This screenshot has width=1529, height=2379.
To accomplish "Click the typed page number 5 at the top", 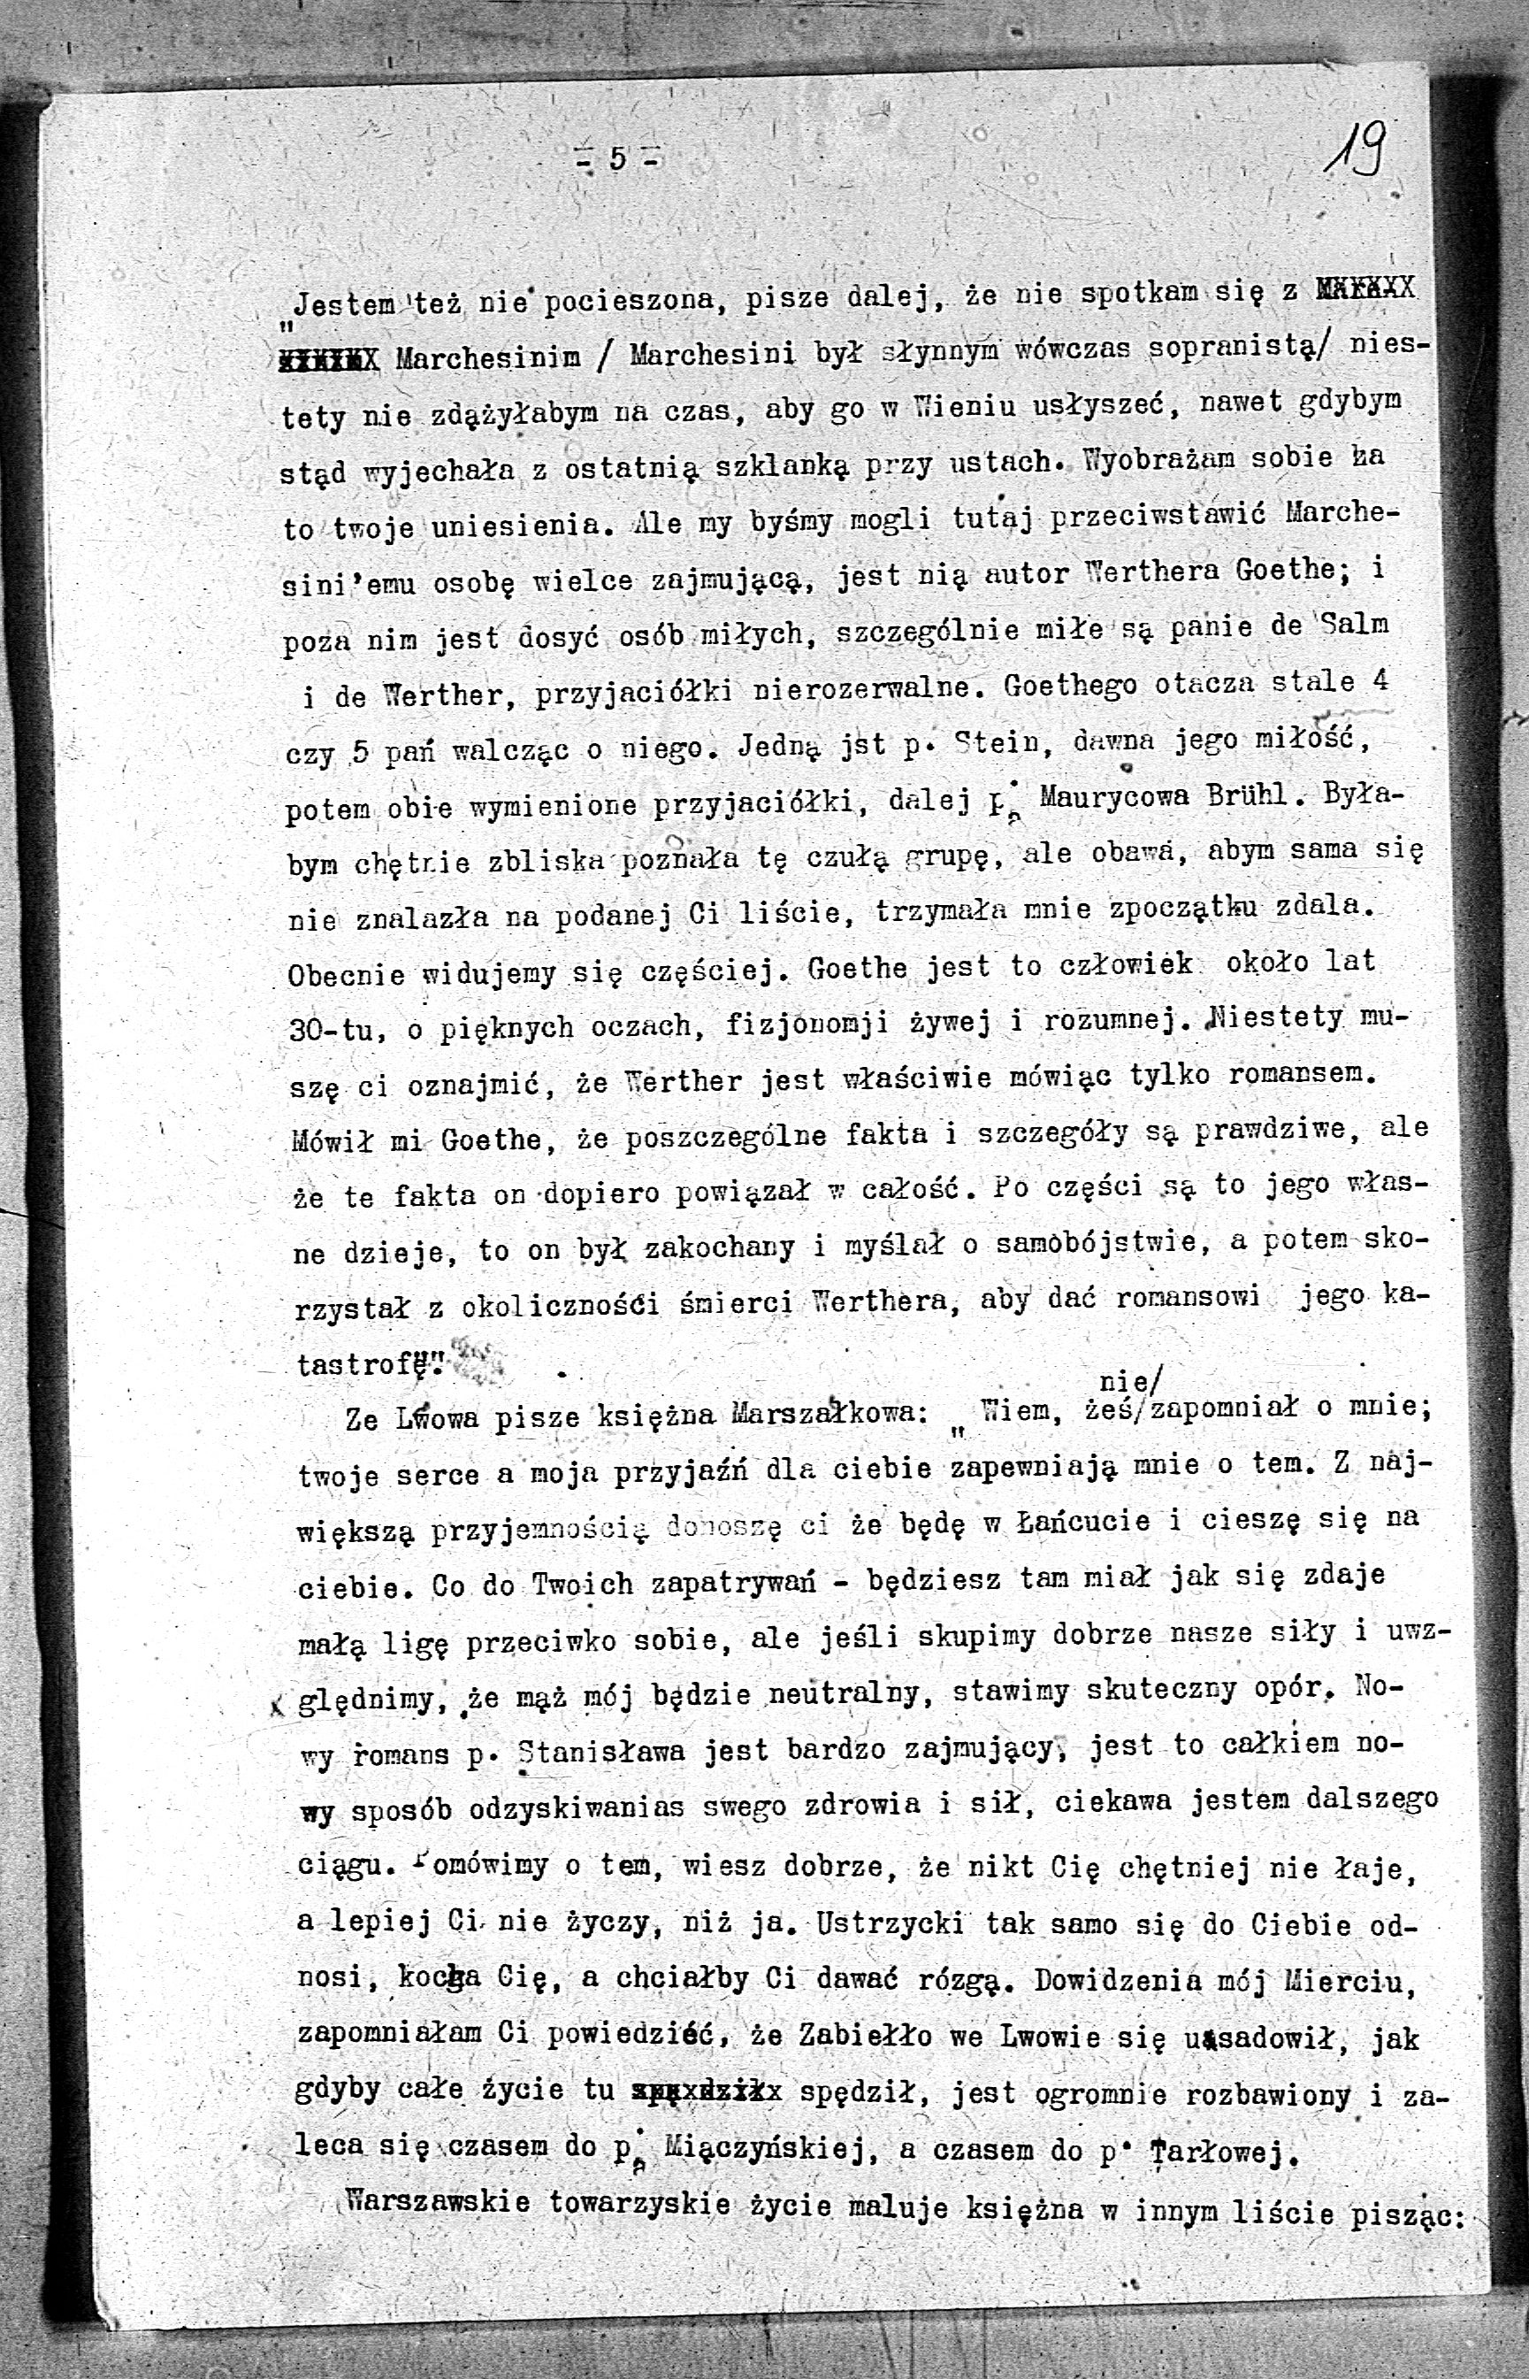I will point(615,158).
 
